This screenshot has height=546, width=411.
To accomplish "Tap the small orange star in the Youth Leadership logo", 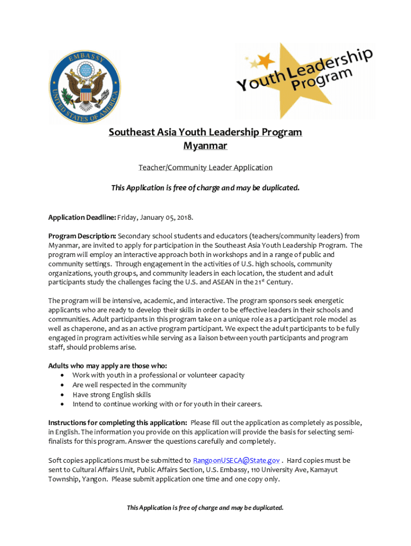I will click(x=265, y=60).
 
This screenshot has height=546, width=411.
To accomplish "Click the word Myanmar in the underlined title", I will click(x=205, y=146).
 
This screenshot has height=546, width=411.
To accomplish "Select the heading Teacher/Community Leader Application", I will click(x=205, y=167).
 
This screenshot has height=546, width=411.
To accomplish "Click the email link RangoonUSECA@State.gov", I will click(x=236, y=460).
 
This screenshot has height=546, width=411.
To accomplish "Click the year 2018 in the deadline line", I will click(x=183, y=218).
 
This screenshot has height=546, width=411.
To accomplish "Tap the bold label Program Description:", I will click(x=82, y=236).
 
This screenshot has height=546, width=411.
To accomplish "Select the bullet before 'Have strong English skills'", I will click(x=62, y=395).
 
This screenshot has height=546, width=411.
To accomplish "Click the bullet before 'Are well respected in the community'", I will click(x=62, y=385).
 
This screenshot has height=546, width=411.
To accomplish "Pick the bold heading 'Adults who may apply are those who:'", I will click(x=107, y=365).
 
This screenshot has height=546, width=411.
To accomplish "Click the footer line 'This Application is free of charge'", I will click(x=205, y=508).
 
